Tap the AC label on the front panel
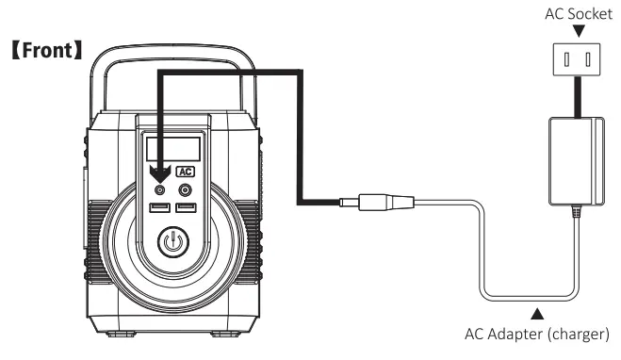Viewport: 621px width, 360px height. [186, 172]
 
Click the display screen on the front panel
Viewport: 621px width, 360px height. [172, 148]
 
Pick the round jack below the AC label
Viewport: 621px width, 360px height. [185, 188]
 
